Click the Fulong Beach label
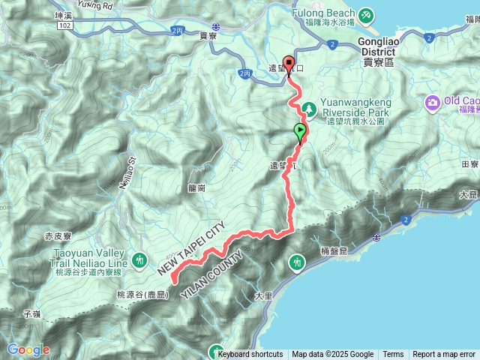tap(328, 14)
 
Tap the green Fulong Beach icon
tap(365, 14)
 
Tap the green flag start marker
tap(301, 131)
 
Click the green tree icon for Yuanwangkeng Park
tap(307, 111)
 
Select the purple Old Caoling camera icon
tap(433, 102)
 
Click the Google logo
tap(28, 349)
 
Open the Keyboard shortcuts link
tap(250, 355)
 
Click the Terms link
tap(393, 355)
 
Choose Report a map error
tap(444, 355)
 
